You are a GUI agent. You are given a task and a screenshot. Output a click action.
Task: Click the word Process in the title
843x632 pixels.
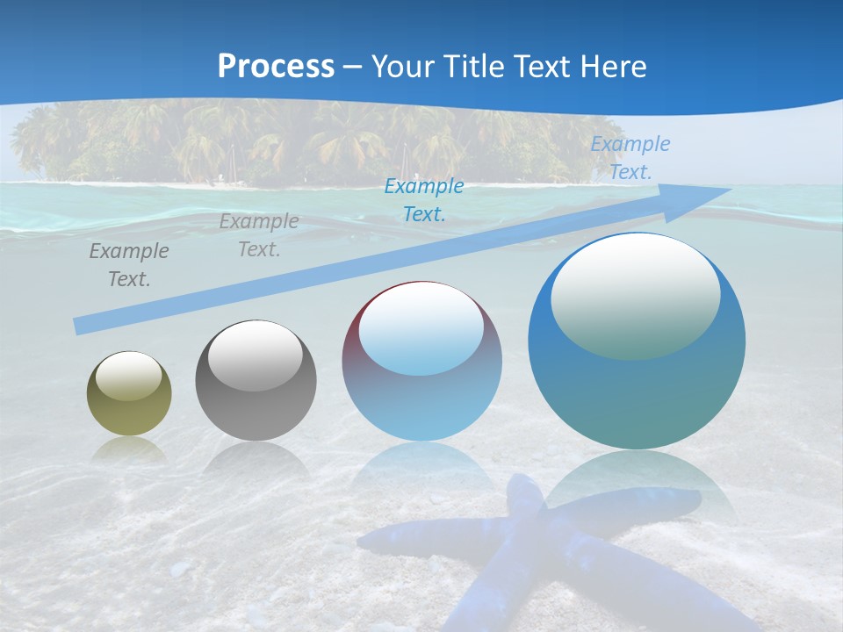coord(276,67)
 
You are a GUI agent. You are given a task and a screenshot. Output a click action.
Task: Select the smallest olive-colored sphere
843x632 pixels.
coord(129,393)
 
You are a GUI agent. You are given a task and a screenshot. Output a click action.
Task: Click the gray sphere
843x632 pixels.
coord(256,381)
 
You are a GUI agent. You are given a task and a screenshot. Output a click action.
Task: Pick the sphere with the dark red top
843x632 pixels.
coord(421,361)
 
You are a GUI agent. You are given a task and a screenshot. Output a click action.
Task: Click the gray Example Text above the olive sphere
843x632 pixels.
coord(129,265)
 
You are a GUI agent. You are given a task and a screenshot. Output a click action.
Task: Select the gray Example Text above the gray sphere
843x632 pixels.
coord(259,235)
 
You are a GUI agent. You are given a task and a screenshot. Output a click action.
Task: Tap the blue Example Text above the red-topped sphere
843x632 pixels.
coord(424,199)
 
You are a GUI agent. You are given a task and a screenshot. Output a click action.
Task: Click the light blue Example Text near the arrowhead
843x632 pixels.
coord(630,158)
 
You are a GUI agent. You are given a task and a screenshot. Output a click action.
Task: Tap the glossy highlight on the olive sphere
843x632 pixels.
coord(128,376)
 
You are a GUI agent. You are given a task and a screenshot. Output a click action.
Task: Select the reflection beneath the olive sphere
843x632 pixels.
coord(129,449)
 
